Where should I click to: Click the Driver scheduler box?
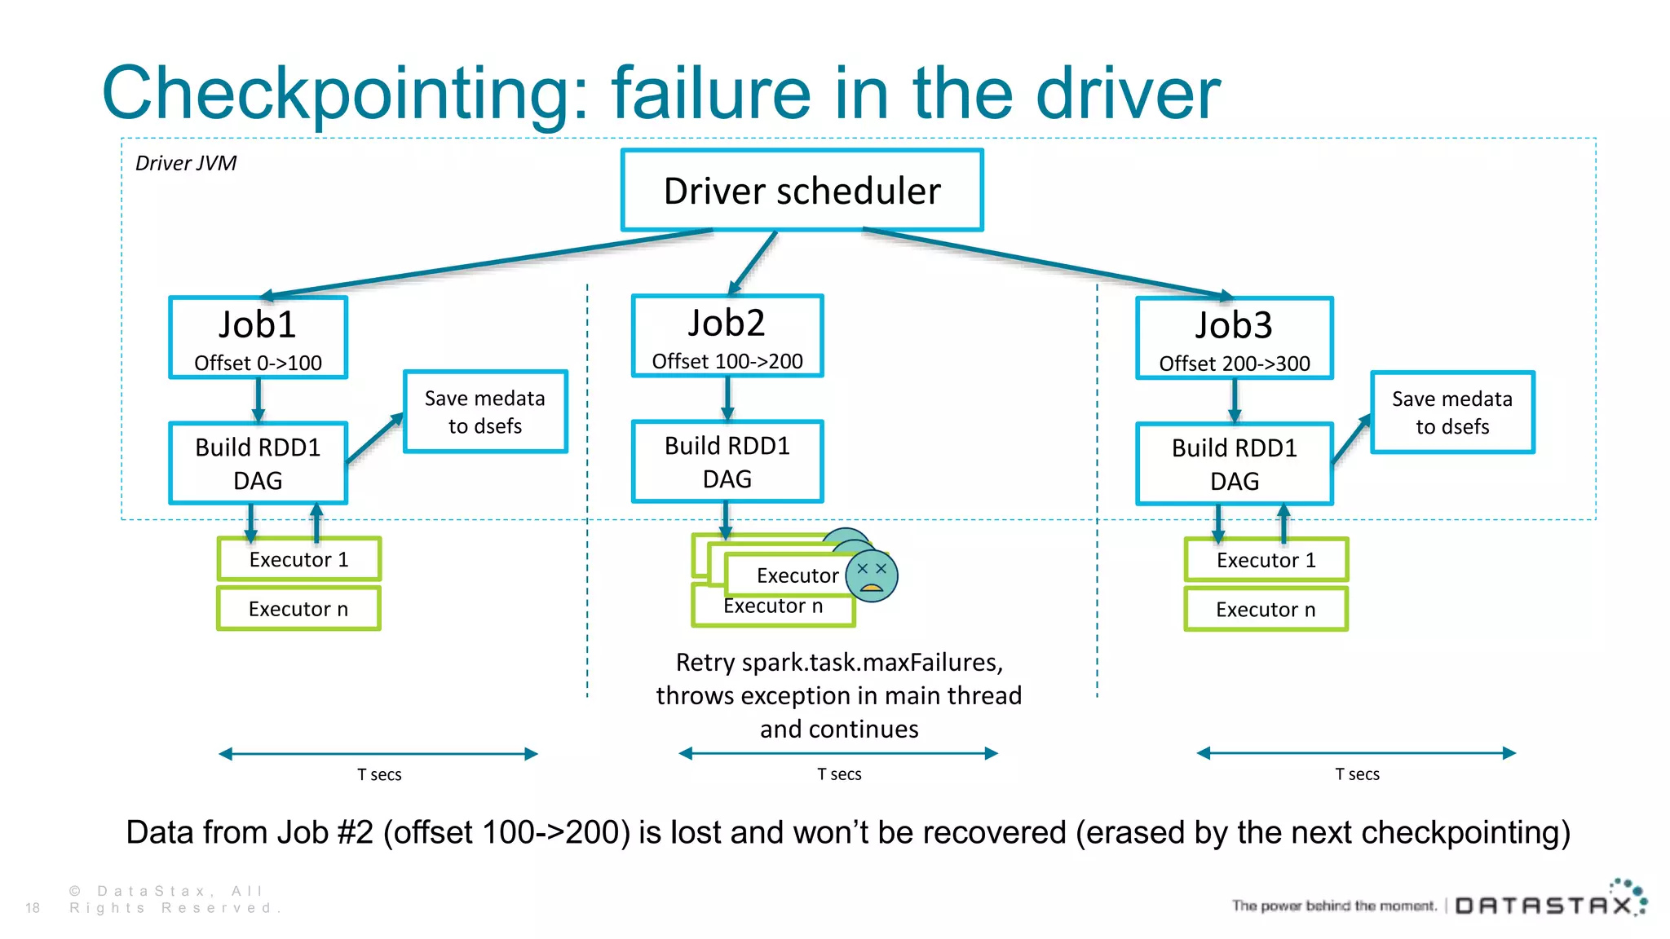tap(802, 191)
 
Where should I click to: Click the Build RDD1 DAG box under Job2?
tap(727, 461)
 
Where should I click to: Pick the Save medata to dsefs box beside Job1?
tap(485, 412)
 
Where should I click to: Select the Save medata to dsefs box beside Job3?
tap(1451, 412)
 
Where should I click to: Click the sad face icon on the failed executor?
tap(872, 575)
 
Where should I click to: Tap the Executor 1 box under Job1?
tap(298, 559)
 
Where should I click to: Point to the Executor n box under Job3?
tap(1266, 609)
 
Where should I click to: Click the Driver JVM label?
tap(186, 163)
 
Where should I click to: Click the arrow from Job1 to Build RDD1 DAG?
tap(258, 400)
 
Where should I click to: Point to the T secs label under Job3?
tap(1357, 774)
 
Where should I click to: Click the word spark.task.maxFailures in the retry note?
tap(872, 662)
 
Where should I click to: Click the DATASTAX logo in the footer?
tap(1545, 905)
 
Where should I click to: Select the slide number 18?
tap(33, 907)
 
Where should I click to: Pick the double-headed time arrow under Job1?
tap(378, 754)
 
